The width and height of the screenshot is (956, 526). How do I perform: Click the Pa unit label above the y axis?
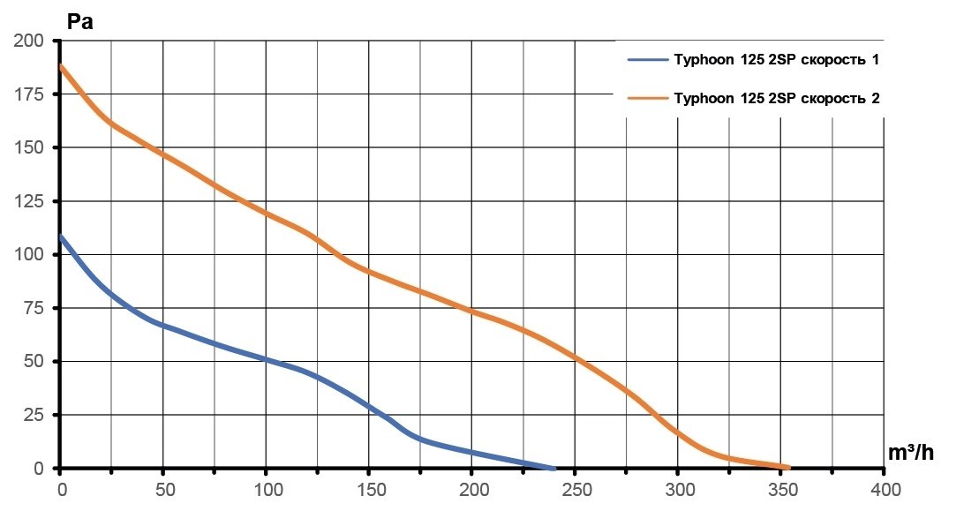click(x=79, y=21)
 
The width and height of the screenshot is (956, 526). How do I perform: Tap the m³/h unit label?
click(x=911, y=452)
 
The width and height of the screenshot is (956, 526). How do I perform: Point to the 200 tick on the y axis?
click(x=28, y=41)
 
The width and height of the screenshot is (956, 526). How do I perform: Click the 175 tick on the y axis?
click(x=28, y=94)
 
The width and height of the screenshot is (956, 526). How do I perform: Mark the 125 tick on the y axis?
click(x=28, y=201)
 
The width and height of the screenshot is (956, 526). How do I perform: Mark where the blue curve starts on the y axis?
click(x=61, y=237)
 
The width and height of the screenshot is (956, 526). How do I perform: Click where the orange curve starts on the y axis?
click(x=61, y=66)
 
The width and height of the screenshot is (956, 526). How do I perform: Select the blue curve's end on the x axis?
click(x=553, y=467)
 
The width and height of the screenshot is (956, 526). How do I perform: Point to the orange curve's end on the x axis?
click(x=787, y=467)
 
